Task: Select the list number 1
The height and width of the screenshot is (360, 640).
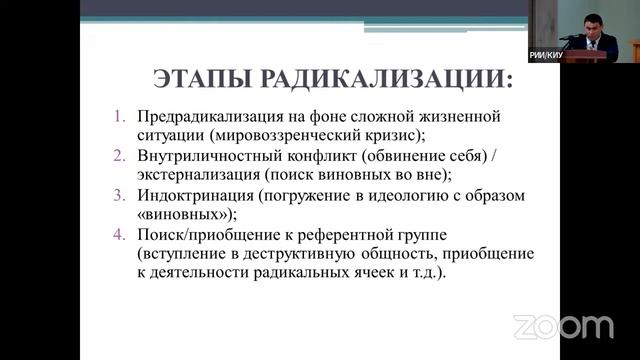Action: pyautogui.click(x=117, y=117)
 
